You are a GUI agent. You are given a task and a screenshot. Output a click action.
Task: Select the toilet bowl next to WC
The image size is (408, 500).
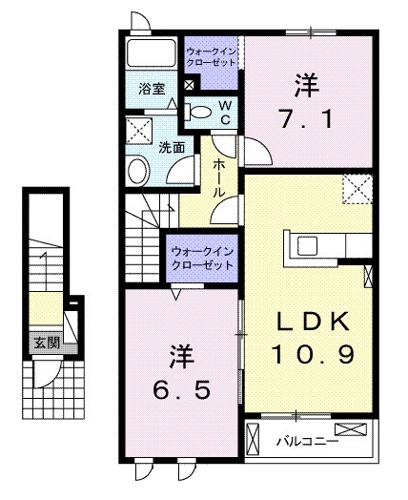199,112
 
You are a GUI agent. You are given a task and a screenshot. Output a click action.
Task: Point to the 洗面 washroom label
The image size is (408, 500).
171,148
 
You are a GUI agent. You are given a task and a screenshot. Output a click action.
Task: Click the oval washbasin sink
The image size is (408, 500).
139,172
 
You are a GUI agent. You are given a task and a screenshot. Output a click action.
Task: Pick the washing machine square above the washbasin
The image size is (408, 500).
139,132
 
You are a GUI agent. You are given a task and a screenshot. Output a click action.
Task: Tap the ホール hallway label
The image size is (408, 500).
219,177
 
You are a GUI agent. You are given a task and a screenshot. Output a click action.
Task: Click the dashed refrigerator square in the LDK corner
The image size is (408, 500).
357,188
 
